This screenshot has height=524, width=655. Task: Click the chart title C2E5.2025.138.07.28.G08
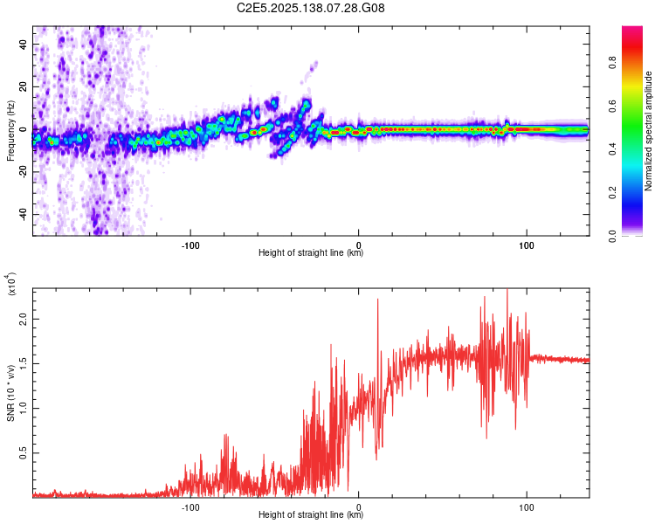click(312, 8)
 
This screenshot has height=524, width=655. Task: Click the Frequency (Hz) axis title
click(10, 130)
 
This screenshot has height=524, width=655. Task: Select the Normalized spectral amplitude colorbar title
click(648, 131)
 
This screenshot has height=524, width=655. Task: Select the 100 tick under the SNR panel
click(527, 506)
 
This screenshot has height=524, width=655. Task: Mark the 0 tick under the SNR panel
click(359, 506)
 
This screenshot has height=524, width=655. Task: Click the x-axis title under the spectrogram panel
click(311, 253)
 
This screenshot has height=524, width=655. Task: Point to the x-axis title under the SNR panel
click(311, 515)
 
